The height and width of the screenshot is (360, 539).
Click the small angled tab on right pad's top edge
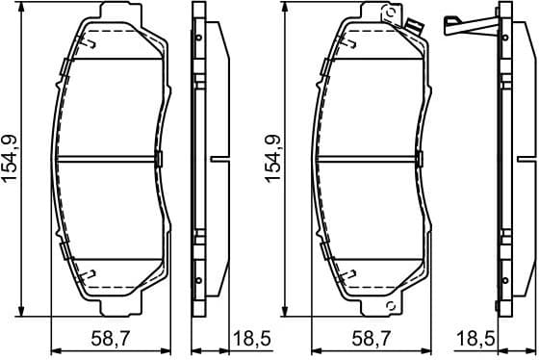click(417, 27)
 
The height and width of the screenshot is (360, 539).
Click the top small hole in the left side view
click(198, 38)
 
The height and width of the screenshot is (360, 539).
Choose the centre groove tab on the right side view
click(527, 159)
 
